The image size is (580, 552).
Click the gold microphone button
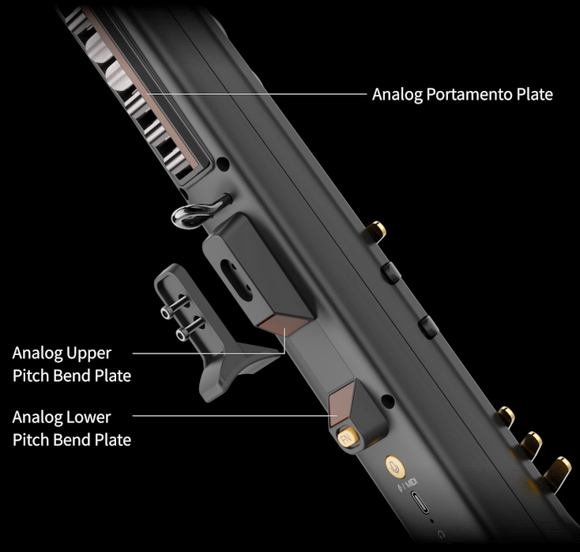[x=395, y=467]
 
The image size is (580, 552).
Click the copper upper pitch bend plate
[x=284, y=325]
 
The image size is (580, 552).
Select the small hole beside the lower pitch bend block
[x=387, y=401]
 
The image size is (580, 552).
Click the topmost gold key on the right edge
[x=376, y=231]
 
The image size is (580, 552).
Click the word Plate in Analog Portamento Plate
[x=535, y=94]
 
